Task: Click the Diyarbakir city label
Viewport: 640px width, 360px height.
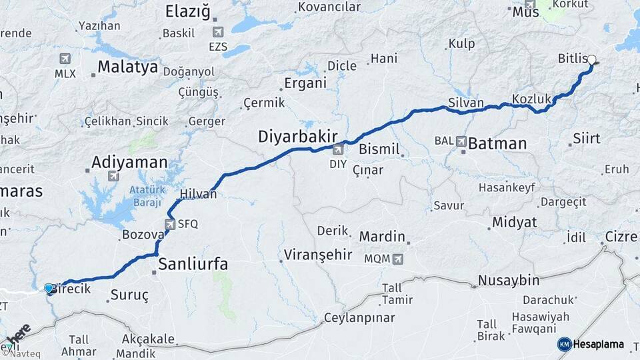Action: (x=297, y=137)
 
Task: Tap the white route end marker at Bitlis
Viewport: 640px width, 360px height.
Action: (x=591, y=60)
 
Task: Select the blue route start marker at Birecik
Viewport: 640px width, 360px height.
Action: (x=49, y=288)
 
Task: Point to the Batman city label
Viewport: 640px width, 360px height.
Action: (x=497, y=143)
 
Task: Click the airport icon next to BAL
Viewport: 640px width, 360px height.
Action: (x=461, y=141)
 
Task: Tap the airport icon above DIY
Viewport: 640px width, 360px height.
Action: (x=339, y=149)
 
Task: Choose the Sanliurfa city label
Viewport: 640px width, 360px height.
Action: (x=193, y=264)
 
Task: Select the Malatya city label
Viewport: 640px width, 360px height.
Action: (x=127, y=67)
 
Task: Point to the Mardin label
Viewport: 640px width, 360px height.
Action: (x=382, y=237)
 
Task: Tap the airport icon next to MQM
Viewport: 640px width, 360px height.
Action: (x=398, y=259)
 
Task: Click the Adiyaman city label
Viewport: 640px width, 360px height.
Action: (x=129, y=162)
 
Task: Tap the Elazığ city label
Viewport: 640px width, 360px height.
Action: (x=187, y=11)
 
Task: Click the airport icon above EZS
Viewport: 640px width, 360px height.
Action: (x=218, y=31)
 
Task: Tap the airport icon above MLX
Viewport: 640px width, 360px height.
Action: (x=65, y=58)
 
